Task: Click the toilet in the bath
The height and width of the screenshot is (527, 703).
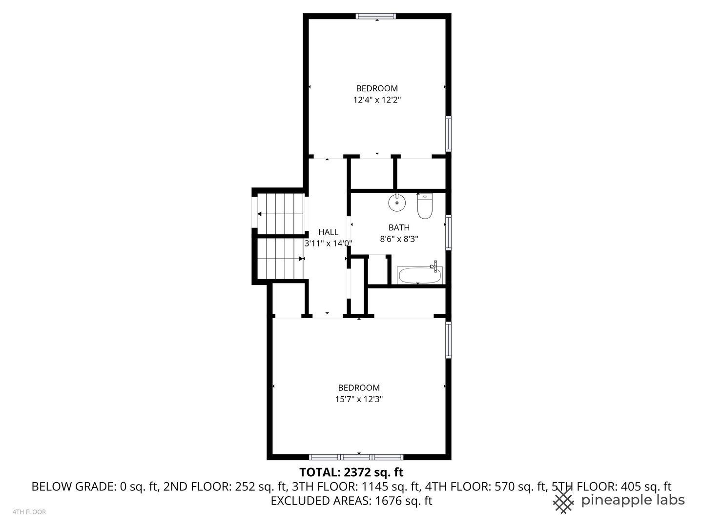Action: click(425, 207)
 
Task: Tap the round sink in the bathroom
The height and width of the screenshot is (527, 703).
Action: click(397, 203)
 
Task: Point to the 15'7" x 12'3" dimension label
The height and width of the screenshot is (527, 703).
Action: click(359, 399)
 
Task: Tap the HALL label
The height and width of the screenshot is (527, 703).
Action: click(328, 232)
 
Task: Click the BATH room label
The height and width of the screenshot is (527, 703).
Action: click(399, 227)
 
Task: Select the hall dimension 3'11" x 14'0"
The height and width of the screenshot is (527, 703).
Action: click(328, 243)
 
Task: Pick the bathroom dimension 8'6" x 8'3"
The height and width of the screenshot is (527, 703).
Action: click(399, 239)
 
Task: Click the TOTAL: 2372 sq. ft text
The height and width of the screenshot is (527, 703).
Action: click(351, 472)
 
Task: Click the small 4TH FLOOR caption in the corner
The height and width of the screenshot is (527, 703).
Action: click(29, 512)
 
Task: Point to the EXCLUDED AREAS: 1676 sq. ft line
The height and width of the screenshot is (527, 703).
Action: click(351, 501)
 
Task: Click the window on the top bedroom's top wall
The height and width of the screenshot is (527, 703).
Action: click(376, 16)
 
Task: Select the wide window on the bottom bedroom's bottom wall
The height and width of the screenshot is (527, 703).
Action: click(356, 457)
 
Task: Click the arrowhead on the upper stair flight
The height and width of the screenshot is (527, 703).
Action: click(260, 214)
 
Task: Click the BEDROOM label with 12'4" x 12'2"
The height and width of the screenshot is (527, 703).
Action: click(376, 88)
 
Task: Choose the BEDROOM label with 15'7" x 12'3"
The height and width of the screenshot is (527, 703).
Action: click(359, 388)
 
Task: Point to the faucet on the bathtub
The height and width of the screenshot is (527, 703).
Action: click(434, 266)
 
